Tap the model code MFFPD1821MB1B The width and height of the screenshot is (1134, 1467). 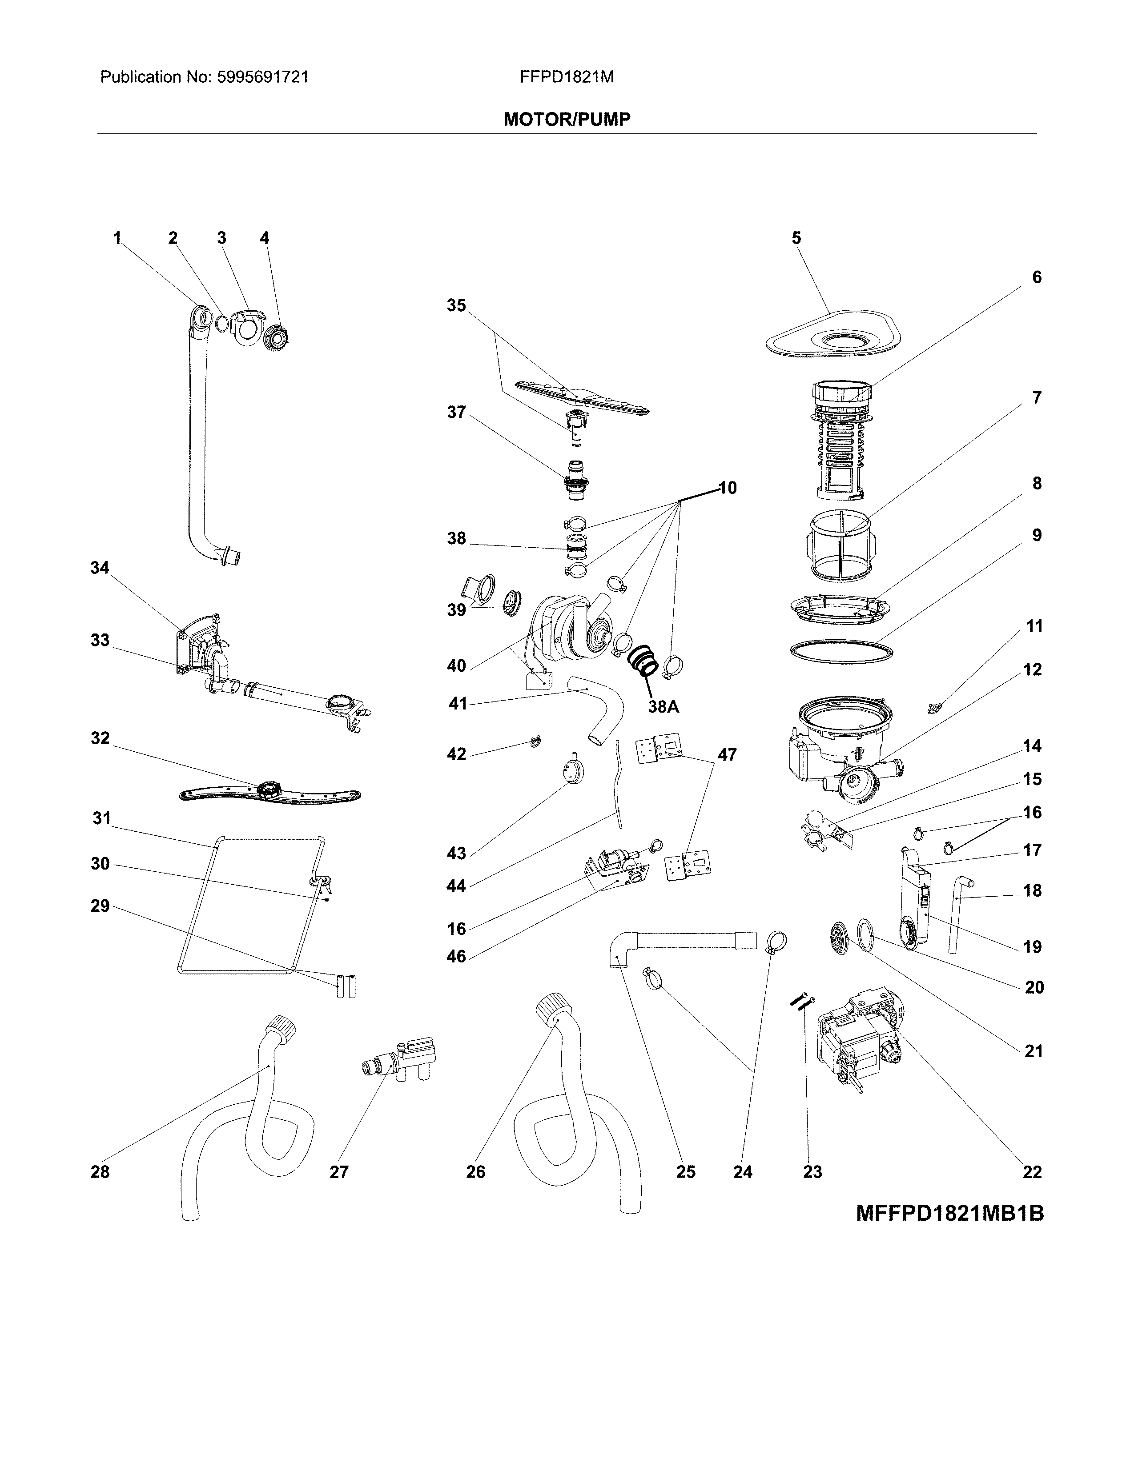[x=949, y=1214]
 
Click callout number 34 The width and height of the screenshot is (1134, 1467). [x=100, y=568]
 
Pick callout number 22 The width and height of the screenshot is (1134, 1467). [x=1032, y=1172]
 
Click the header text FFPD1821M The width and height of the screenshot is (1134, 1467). [x=566, y=77]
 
